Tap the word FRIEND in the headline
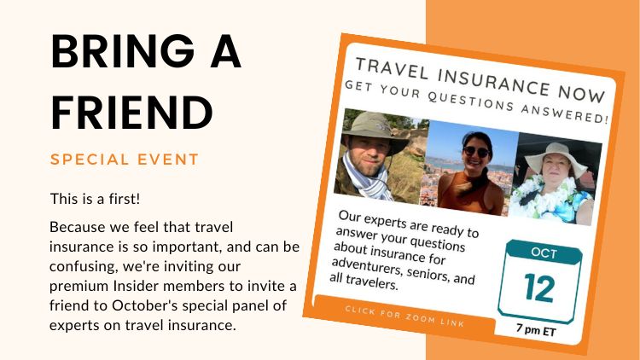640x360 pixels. pyautogui.click(x=131, y=112)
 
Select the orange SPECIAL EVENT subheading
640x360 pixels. pyautogui.click(x=125, y=160)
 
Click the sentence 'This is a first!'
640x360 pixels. pyautogui.click(x=95, y=199)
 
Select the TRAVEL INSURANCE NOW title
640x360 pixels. pyautogui.click(x=480, y=80)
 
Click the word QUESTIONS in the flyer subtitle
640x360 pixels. pyautogui.click(x=470, y=101)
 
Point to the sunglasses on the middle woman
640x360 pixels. pyautogui.click(x=476, y=152)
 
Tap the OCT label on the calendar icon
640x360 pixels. pyautogui.click(x=544, y=253)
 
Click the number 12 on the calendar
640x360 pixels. pyautogui.click(x=539, y=287)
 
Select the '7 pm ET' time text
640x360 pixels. pyautogui.click(x=536, y=329)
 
